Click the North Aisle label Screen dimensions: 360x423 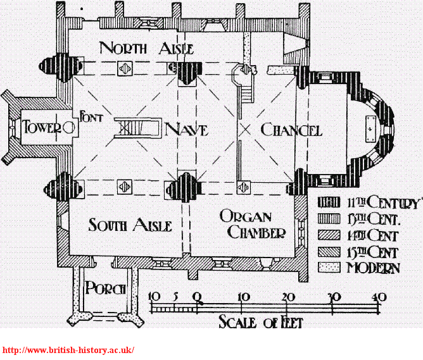146,48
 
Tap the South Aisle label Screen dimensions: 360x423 130,225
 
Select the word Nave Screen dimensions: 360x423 186,130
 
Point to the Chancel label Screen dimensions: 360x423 291,130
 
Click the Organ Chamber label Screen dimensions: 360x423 252,225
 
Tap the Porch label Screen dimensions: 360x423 106,289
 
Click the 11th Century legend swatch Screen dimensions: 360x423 328,204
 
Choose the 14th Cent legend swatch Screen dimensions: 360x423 328,236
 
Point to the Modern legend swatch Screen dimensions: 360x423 328,268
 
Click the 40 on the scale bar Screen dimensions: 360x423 379,297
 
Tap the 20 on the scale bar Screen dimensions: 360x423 287,297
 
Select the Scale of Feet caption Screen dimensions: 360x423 260,323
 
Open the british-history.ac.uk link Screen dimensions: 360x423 68,350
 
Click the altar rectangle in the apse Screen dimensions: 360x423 370,129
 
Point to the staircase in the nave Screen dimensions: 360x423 135,128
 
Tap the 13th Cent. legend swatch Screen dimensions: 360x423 328,220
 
